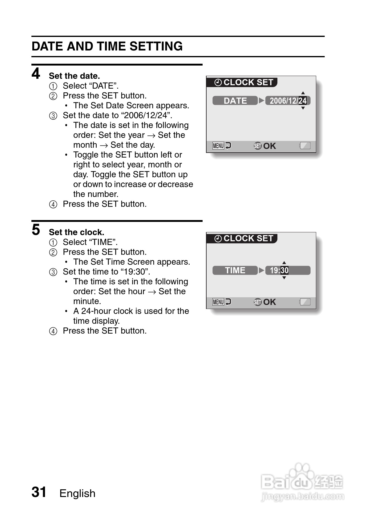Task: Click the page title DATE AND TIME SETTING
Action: tap(107, 46)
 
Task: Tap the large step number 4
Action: tap(36, 74)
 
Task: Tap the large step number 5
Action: tap(36, 230)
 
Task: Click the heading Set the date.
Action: tap(74, 76)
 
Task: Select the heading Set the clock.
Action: tap(76, 232)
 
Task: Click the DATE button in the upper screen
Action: tap(235, 101)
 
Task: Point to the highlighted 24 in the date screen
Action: tap(302, 101)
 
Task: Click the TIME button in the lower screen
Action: tap(235, 270)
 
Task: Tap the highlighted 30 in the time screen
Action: tap(284, 270)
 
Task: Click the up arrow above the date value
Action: tap(303, 93)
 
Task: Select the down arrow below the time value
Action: tap(284, 278)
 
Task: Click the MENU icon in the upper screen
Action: tap(218, 146)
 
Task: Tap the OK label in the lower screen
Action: tap(269, 302)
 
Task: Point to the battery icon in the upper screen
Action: tap(305, 146)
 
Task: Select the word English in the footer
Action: tap(77, 493)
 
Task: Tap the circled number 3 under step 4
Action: tap(53, 116)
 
